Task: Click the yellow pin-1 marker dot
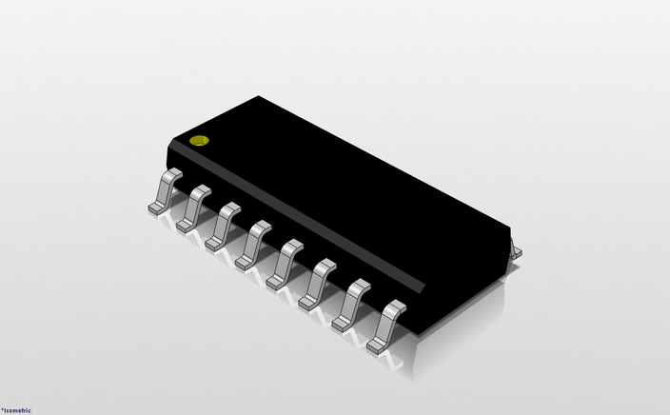point(199,141)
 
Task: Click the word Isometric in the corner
point(17,410)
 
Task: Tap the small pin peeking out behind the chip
point(516,250)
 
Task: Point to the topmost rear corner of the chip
point(260,96)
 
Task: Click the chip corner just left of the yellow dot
point(168,143)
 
